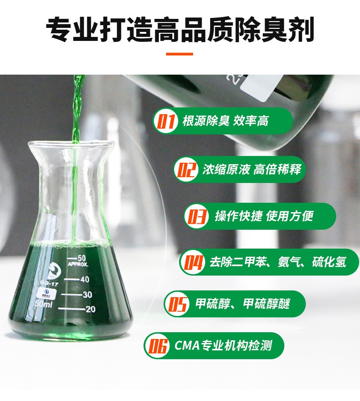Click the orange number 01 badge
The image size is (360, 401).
(x=166, y=121)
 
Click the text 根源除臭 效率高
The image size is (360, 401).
(x=225, y=121)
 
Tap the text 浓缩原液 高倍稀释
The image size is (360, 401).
(x=252, y=169)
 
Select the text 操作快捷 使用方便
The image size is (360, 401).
(x=264, y=216)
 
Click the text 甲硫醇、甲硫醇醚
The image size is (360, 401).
(x=243, y=304)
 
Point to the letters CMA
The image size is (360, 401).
(x=187, y=346)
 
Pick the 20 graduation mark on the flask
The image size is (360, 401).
(x=77, y=309)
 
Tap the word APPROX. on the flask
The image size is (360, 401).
(x=78, y=264)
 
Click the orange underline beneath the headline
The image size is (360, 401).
(x=180, y=54)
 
